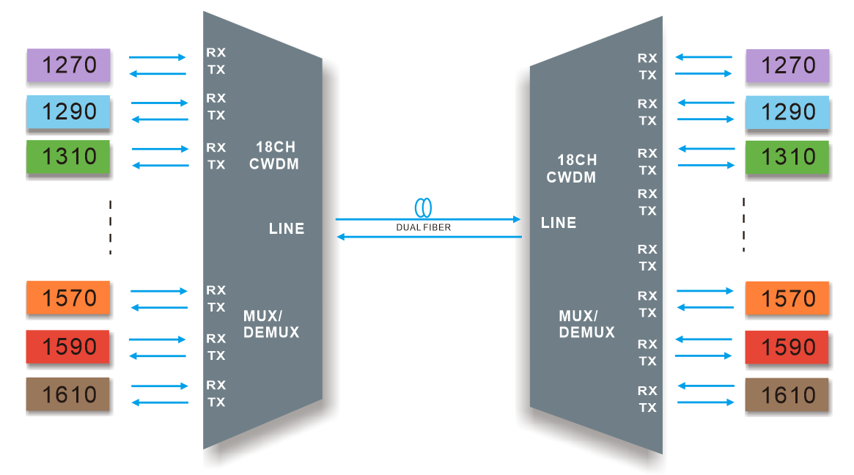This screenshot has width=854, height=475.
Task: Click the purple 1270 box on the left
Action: tap(68, 65)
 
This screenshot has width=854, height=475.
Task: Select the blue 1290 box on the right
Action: tap(788, 111)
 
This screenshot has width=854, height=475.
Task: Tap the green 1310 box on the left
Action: tap(68, 157)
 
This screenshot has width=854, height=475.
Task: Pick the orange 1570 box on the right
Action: tap(787, 298)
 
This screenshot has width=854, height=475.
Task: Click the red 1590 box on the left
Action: tap(68, 347)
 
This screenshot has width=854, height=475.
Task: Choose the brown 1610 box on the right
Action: tap(787, 395)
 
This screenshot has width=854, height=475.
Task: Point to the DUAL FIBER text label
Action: tap(423, 228)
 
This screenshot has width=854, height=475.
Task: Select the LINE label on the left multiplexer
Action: tap(287, 229)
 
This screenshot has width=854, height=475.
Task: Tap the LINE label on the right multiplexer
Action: tap(559, 223)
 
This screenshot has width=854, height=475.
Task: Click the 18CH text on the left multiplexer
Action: tap(275, 148)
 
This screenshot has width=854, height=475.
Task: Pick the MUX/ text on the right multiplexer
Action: tap(578, 316)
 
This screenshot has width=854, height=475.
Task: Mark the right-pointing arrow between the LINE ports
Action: tap(428, 218)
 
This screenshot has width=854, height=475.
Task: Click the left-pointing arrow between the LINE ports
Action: tap(428, 237)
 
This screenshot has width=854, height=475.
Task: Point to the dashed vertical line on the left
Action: tap(111, 227)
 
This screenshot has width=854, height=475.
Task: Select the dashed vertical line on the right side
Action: tap(743, 224)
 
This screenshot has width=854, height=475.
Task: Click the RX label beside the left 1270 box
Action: tap(216, 53)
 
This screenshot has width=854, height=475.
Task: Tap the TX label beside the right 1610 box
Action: tap(647, 408)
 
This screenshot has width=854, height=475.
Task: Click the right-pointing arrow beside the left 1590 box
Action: tap(158, 339)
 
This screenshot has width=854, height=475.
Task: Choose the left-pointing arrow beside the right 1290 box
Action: tap(705, 103)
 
